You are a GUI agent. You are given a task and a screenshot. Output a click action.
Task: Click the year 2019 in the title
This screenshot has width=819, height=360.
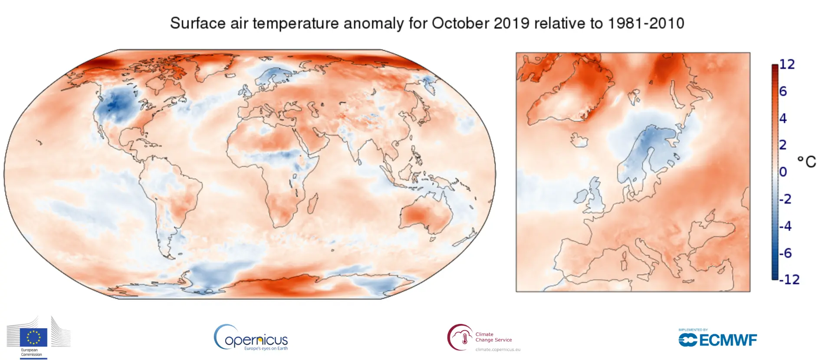pos(511,23)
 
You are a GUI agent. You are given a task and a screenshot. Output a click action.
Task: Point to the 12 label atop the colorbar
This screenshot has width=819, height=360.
pos(787,64)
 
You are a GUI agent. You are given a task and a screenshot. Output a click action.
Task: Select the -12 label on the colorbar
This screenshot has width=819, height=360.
pos(789,279)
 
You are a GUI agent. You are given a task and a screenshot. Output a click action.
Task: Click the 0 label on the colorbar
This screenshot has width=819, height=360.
pos(783,172)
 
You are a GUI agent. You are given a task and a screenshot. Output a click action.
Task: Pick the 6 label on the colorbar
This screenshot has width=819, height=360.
pos(783,91)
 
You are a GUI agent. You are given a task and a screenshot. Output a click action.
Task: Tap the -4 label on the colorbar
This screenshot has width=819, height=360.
pos(786,226)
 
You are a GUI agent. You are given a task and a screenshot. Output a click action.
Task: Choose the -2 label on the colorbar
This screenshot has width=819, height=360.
pos(786,199)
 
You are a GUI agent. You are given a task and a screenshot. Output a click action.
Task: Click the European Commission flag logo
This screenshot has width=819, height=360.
pos(33,337)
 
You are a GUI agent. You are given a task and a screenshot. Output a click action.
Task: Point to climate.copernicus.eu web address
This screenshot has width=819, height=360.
pos(497,350)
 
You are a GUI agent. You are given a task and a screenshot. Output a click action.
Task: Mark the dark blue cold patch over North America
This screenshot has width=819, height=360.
pos(115,104)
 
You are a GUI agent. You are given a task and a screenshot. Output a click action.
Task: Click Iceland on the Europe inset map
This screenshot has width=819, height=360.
pos(579,140)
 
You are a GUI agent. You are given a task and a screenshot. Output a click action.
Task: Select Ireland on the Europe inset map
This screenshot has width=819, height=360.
pos(581,197)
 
